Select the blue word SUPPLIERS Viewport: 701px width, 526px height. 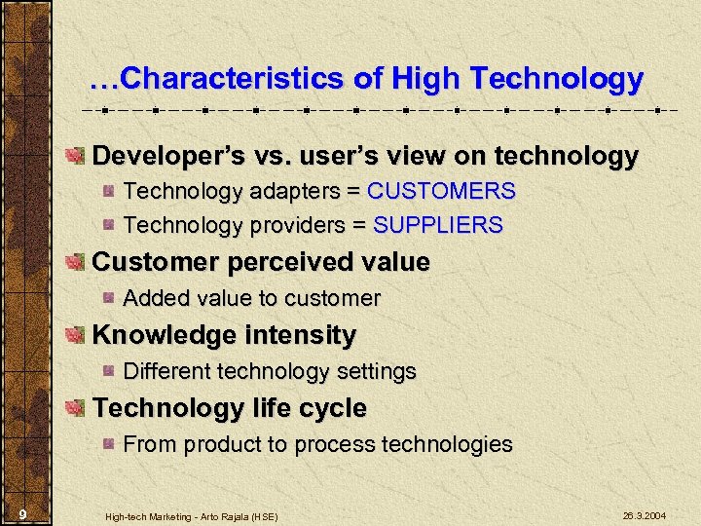coord(438,225)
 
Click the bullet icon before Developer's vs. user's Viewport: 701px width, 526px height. coord(75,157)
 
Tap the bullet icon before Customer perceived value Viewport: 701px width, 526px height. coord(75,262)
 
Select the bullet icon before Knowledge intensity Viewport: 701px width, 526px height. coord(75,336)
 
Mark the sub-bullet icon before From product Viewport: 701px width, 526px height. coord(111,445)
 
